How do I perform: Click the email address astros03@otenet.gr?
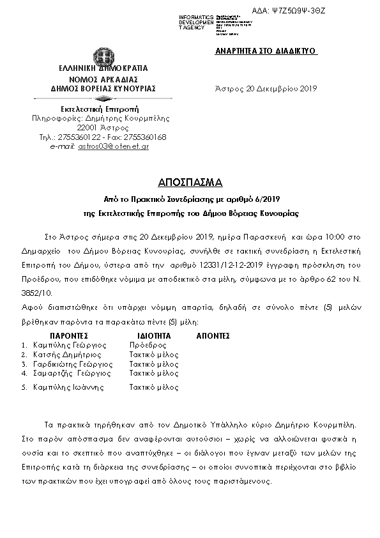pos(114,146)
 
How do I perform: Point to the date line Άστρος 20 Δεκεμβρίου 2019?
pos(264,89)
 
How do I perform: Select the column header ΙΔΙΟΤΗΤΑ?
pos(153,335)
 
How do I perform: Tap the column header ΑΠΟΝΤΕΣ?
pos(213,335)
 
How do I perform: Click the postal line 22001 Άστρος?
pos(103,127)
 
